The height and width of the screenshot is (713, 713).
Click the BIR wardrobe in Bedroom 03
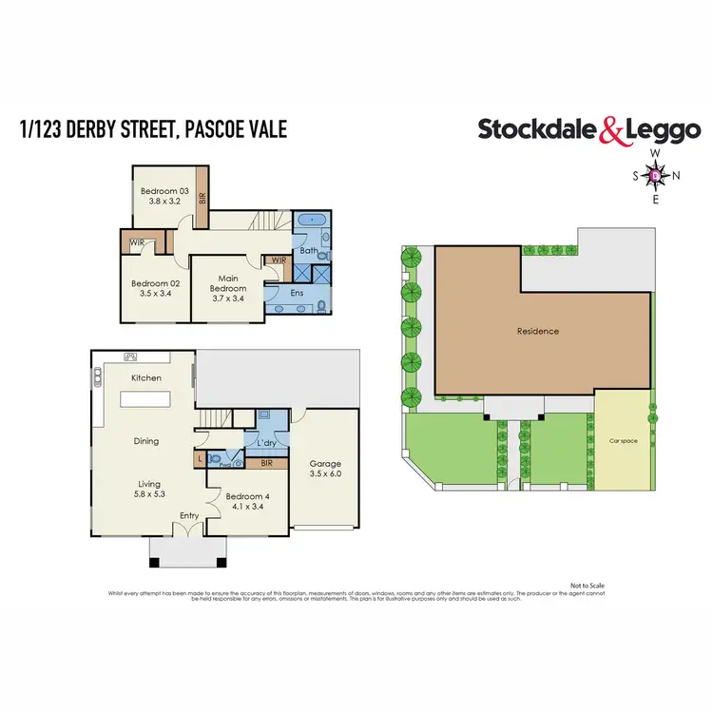point(202,196)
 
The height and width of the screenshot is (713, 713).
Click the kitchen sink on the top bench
point(132,357)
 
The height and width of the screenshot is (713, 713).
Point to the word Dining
point(145,441)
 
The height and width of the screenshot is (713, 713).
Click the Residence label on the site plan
point(537,332)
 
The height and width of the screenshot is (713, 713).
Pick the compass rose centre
point(655,175)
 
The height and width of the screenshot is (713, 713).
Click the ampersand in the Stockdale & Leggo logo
point(610,130)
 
